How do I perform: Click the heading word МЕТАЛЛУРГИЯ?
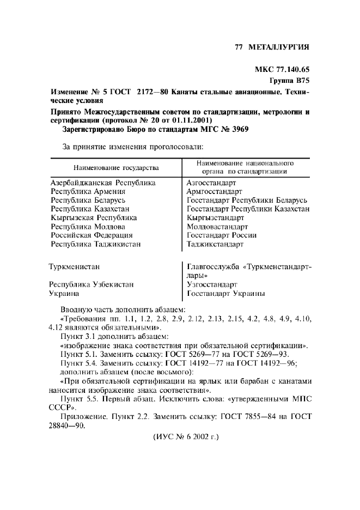click(x=278, y=47)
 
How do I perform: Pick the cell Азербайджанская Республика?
click(x=103, y=183)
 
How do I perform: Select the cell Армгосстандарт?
click(x=214, y=192)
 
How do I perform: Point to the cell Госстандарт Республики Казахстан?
click(x=248, y=209)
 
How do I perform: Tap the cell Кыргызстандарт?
click(x=215, y=218)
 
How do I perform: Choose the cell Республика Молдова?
click(x=88, y=227)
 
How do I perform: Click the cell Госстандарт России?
click(x=222, y=235)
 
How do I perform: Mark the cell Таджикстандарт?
click(x=215, y=244)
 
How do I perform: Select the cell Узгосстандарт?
click(x=212, y=284)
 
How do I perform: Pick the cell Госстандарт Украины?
click(x=226, y=293)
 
